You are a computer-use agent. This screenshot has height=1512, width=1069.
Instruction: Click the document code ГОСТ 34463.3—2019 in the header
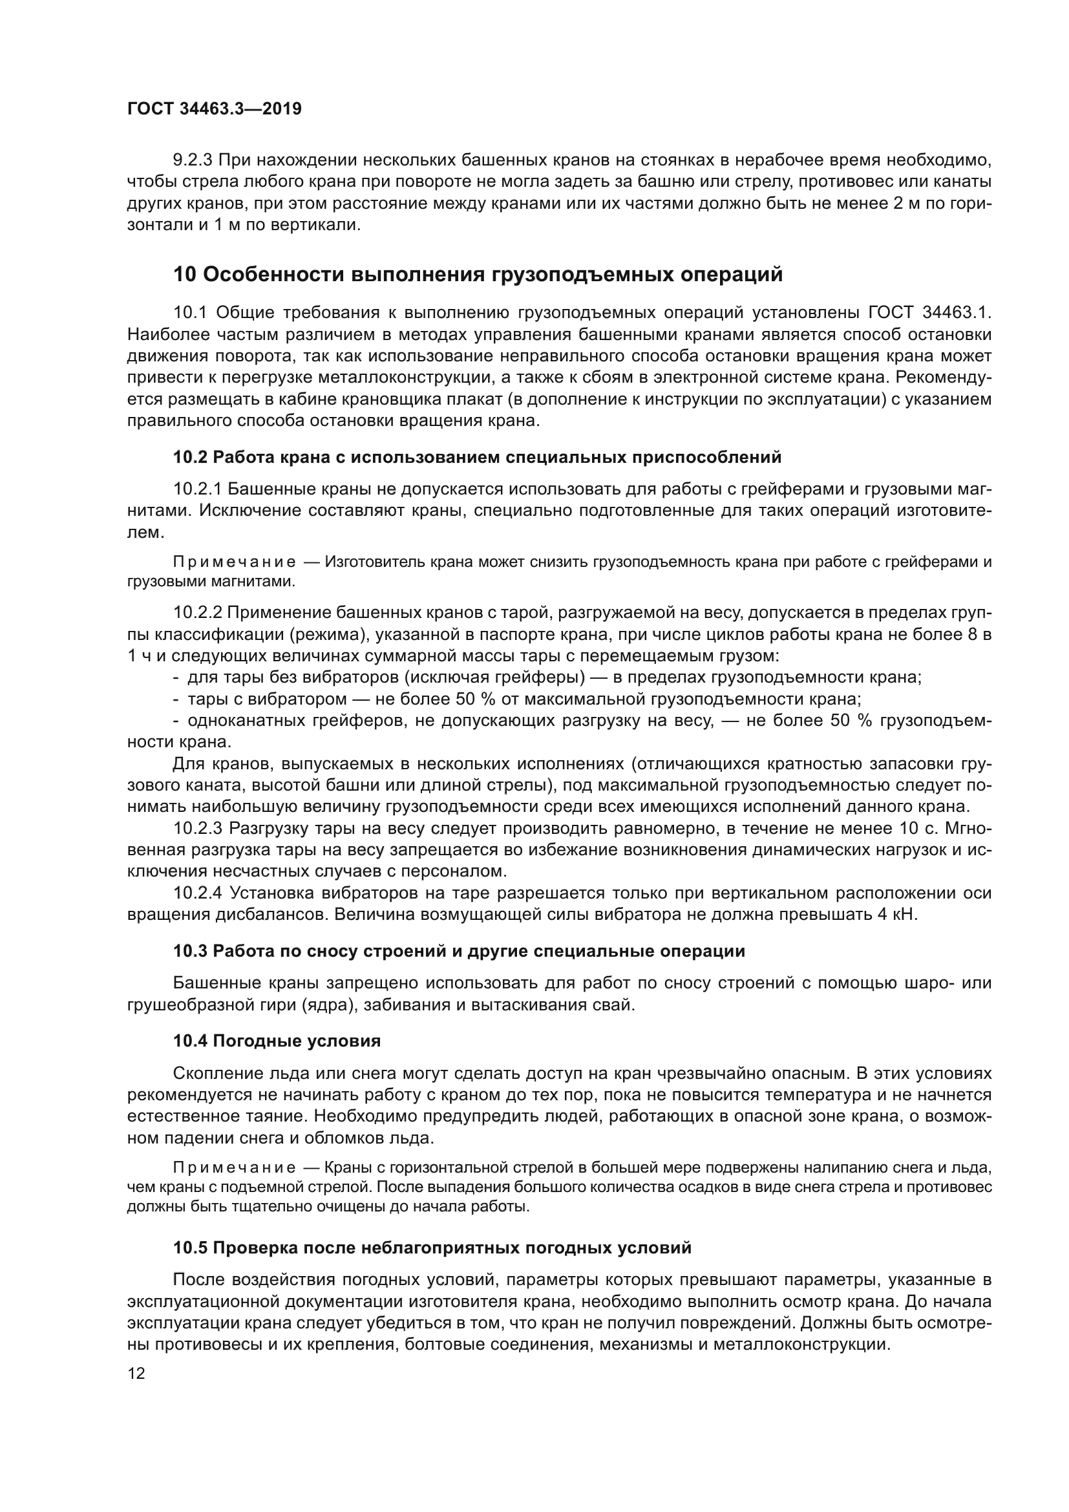point(214,109)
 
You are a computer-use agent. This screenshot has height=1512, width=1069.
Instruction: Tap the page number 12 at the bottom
point(136,1374)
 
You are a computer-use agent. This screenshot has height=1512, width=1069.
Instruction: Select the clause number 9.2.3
point(191,160)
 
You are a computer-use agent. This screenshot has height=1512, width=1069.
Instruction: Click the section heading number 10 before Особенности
point(184,274)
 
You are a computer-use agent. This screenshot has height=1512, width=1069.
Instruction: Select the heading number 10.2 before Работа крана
point(190,456)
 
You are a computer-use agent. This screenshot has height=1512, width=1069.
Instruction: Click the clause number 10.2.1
point(198,489)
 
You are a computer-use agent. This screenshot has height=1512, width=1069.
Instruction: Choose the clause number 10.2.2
point(198,612)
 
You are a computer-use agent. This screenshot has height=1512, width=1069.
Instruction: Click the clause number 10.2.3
point(198,829)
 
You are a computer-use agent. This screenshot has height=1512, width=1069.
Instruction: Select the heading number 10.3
point(190,951)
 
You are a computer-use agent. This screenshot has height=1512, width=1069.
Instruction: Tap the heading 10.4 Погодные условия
point(277,1041)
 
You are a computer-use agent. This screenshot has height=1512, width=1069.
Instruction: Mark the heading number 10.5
point(190,1248)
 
